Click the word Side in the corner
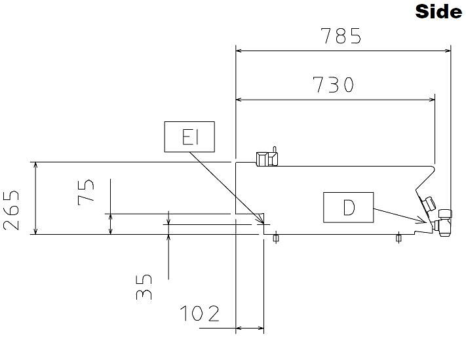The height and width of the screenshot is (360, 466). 438,12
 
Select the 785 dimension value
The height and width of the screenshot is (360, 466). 341,36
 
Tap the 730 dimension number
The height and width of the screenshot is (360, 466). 334,85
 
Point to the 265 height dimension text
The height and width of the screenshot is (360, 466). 11,210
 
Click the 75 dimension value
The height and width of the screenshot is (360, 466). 86,193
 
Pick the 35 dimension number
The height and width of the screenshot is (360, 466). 144,287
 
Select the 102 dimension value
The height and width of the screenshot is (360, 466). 200,313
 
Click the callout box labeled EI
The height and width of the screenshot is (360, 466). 189,137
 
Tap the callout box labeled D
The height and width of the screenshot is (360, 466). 348,207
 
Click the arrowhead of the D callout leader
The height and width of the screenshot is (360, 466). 425,221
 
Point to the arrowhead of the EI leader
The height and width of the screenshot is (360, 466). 262,222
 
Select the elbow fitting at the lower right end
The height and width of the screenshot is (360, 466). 442,223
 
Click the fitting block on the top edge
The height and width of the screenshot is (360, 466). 267,159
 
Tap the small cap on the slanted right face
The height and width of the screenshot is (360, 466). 429,204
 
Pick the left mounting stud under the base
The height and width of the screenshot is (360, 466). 276,238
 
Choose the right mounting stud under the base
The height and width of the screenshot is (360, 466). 398,238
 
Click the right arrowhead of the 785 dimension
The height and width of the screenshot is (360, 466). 448,51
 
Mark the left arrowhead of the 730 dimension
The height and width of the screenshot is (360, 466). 239,100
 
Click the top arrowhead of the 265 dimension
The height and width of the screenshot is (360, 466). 35,166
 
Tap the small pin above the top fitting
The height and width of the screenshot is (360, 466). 275,150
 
